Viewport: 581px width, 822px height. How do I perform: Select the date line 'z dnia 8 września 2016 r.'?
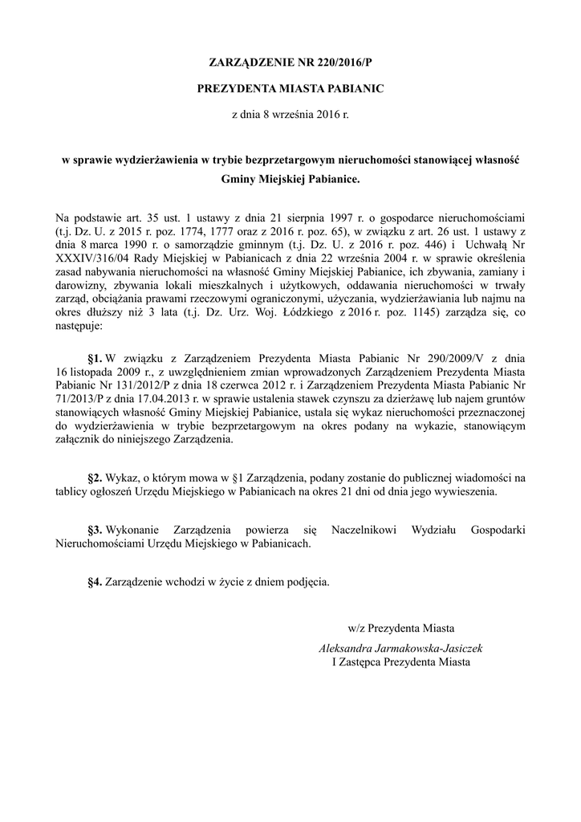[290, 116]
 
